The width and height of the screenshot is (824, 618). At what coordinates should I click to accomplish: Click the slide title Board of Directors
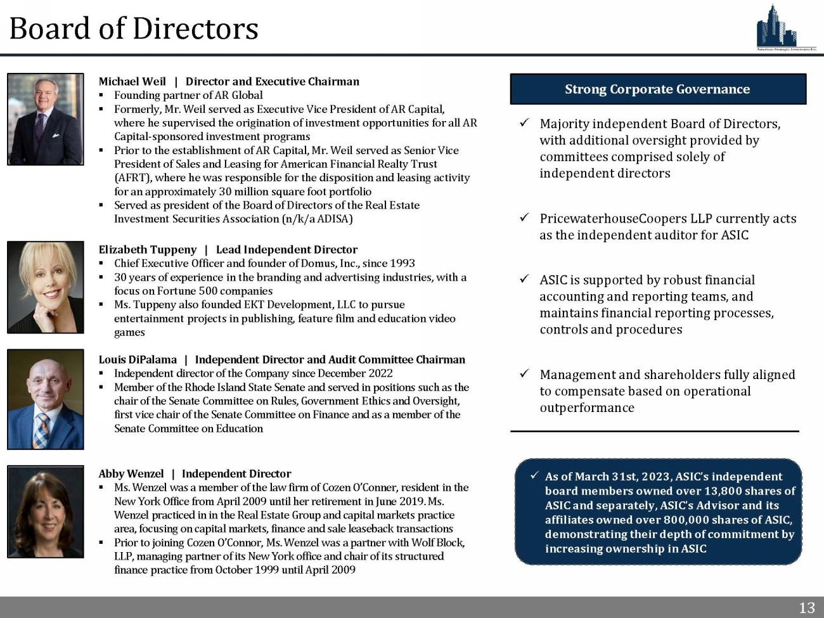pos(134,29)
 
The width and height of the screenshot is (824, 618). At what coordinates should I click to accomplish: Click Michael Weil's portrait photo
pos(46,119)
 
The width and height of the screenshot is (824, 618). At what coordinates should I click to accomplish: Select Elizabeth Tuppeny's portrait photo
pos(46,287)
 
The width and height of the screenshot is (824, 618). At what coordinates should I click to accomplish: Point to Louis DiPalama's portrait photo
pos(46,399)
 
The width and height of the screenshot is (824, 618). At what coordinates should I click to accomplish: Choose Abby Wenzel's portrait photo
pos(46,512)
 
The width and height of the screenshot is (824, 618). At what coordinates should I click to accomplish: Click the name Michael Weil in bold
pos(132,82)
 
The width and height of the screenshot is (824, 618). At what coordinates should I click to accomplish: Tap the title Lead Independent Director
pos(286,250)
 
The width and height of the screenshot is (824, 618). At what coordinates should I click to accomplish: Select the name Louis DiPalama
pos(138,360)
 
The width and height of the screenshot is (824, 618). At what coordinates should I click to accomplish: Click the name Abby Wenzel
pos(131,474)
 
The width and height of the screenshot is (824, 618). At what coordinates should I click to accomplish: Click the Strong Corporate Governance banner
pos(657,89)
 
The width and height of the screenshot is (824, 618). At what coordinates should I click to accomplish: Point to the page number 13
pos(806,608)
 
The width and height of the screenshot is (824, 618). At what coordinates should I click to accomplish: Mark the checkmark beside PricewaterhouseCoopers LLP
pos(525,218)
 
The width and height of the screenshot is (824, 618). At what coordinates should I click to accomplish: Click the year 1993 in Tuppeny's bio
pos(402,263)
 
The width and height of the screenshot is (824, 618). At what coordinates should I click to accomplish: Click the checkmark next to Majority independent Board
pos(525,124)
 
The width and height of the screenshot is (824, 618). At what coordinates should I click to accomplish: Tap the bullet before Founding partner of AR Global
pos(101,96)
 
